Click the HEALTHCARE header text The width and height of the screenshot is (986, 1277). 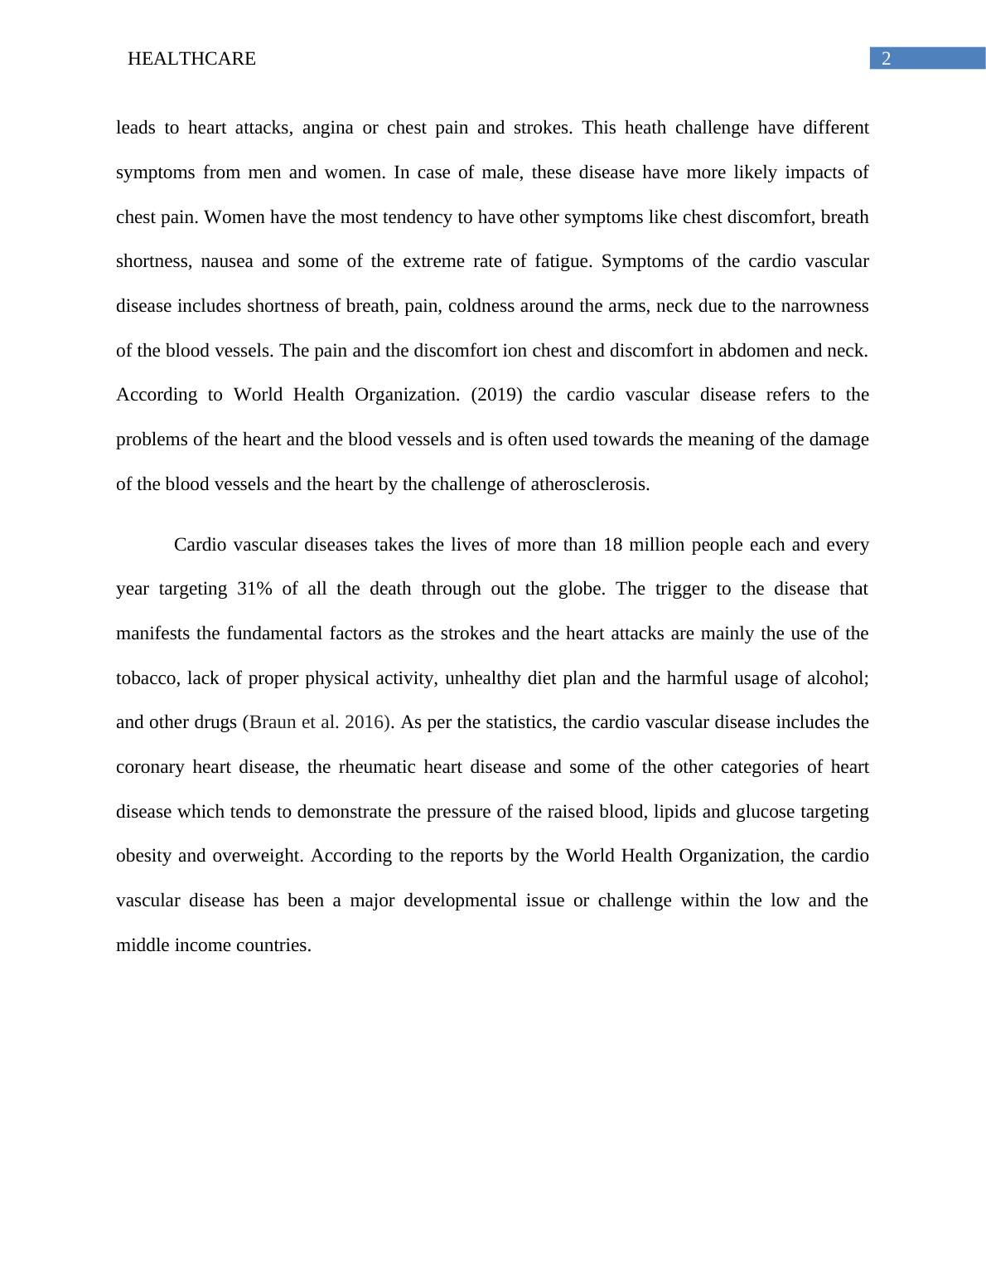[x=191, y=59]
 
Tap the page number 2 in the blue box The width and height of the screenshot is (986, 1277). [x=886, y=59]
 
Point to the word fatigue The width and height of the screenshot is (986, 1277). [x=563, y=261]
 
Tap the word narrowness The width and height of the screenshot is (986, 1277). [x=824, y=306]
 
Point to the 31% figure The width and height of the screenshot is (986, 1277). [x=254, y=589]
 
